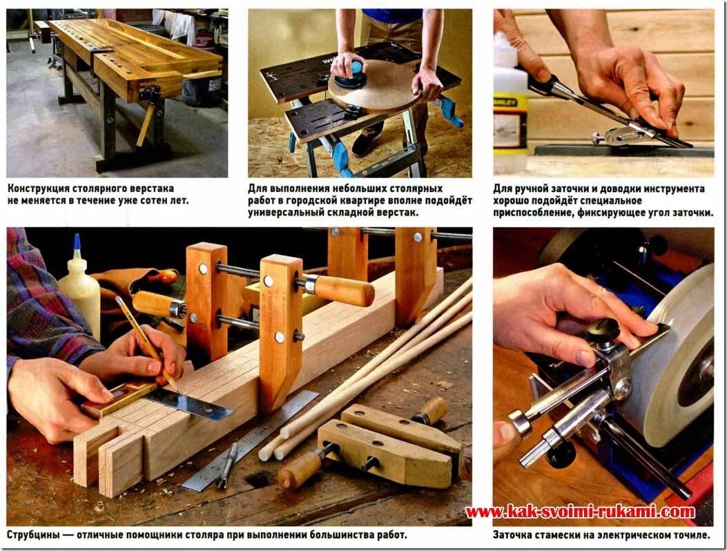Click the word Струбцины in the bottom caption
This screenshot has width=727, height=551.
click(x=33, y=534)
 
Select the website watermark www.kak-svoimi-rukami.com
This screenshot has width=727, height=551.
click(x=580, y=512)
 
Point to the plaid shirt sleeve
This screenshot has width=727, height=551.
click(x=44, y=306)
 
